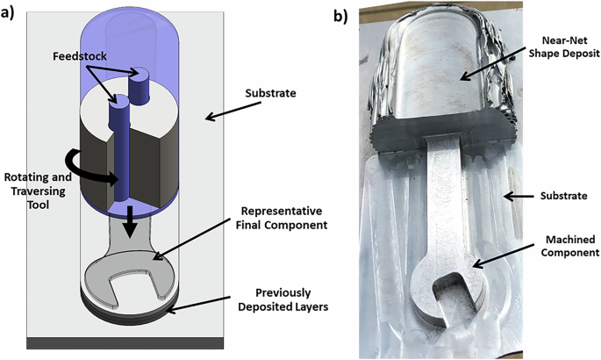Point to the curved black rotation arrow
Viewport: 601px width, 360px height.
(97, 172)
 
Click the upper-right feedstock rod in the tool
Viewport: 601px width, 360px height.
(139, 83)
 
